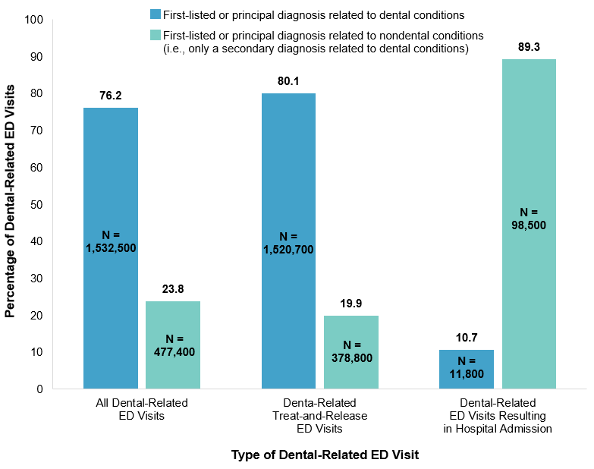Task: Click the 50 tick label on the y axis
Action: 36,205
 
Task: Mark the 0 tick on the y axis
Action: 39,389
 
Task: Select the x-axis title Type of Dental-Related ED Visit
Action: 324,455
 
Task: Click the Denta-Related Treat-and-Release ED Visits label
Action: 319,415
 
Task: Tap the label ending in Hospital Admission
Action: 498,415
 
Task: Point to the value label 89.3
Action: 529,47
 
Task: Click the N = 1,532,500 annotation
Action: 111,241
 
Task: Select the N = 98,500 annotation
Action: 529,219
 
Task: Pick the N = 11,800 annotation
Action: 467,367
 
